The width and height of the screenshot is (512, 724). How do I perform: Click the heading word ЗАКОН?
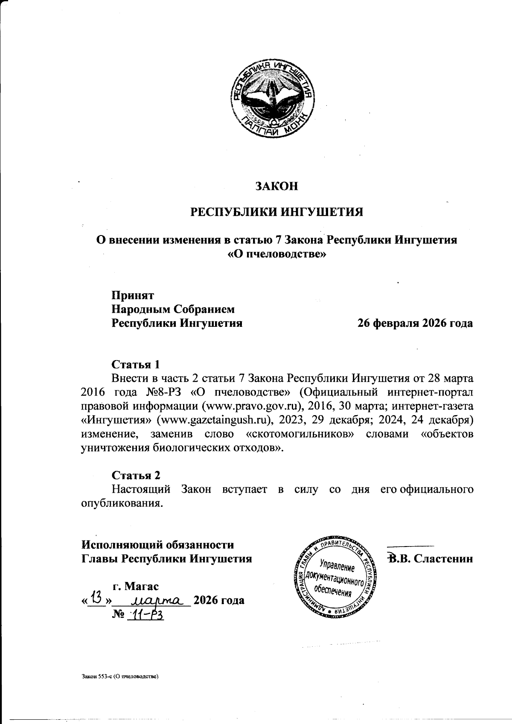[x=276, y=186]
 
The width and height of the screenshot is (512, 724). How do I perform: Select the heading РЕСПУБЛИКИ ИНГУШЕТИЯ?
[x=276, y=212]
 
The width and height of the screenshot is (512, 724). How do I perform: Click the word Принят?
[x=132, y=295]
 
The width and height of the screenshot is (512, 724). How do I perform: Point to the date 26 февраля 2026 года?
[x=415, y=323]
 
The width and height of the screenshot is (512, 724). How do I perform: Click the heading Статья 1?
[x=135, y=364]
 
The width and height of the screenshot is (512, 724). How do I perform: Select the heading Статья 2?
[x=136, y=475]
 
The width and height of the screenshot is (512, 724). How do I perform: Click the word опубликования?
[x=122, y=503]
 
